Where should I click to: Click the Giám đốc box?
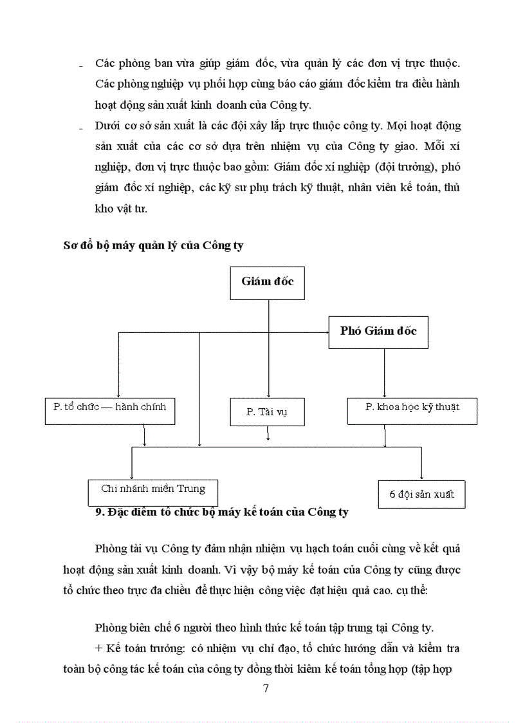(267, 281)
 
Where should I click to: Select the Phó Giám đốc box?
(378, 332)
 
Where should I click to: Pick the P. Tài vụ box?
(267, 412)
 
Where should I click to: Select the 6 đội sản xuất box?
(421, 494)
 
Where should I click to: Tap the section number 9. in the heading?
(99, 512)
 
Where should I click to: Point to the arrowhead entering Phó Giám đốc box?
(326, 332)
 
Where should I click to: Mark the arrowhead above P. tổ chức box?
(118, 394)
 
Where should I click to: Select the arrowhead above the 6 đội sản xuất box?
(421, 476)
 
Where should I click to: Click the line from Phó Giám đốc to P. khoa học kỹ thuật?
(385, 373)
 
